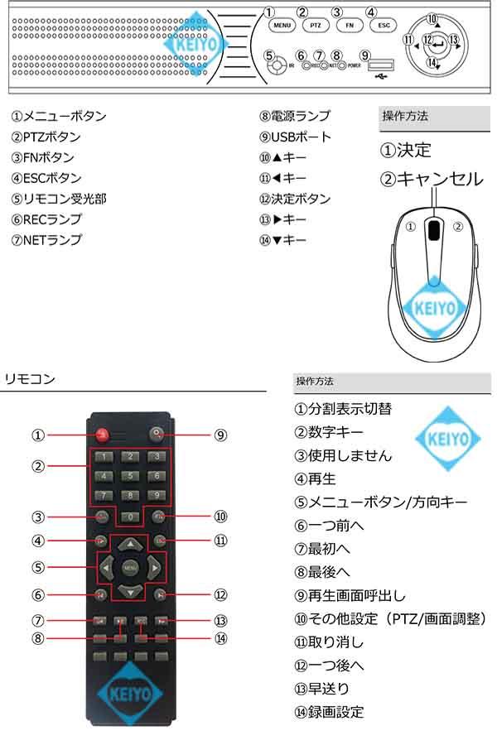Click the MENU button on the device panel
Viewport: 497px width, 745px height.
[282, 25]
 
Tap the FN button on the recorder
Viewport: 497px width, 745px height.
[349, 25]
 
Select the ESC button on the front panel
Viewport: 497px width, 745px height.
[384, 25]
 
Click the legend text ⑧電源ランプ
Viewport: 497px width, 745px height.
[295, 117]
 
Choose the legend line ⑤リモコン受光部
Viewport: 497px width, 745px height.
[59, 199]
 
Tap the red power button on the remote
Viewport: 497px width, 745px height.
[101, 434]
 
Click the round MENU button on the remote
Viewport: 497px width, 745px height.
[129, 568]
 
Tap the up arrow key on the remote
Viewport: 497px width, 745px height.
[129, 545]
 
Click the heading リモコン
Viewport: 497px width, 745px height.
[30, 379]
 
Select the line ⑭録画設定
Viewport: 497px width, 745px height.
[329, 711]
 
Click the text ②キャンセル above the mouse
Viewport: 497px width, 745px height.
[431, 178]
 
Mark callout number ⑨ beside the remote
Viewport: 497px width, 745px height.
[220, 435]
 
